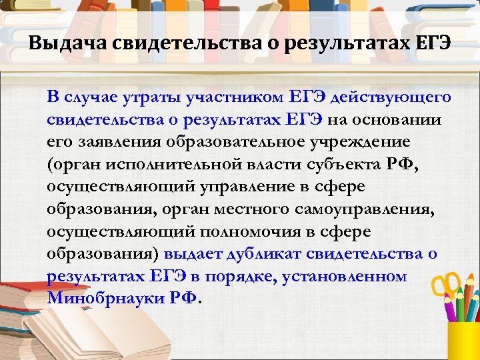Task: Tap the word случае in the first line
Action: (89, 97)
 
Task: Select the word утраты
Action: (144, 97)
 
